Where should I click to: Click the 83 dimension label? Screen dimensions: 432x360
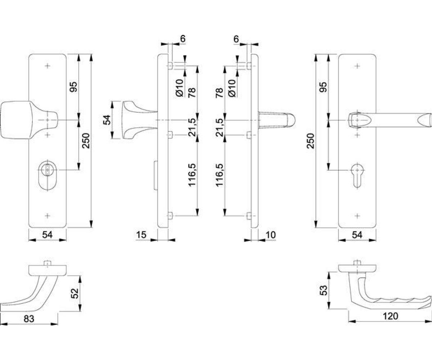29,319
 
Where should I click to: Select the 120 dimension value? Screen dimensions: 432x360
390,316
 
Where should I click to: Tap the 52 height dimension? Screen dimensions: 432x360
75,293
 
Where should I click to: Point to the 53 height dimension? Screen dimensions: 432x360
324,290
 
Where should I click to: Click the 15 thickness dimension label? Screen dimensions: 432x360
141,235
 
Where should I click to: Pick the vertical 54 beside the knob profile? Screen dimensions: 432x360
107,120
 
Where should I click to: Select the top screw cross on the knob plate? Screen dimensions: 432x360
48,66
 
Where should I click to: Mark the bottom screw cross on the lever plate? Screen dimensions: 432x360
357,216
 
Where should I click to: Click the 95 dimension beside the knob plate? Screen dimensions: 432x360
74,87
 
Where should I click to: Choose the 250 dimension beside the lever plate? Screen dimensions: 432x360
311,141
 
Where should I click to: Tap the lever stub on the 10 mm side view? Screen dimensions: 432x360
276,120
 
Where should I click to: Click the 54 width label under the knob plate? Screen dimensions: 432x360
48,235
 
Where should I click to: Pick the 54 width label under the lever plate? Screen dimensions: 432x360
357,235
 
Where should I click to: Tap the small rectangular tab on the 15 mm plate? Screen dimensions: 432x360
156,175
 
